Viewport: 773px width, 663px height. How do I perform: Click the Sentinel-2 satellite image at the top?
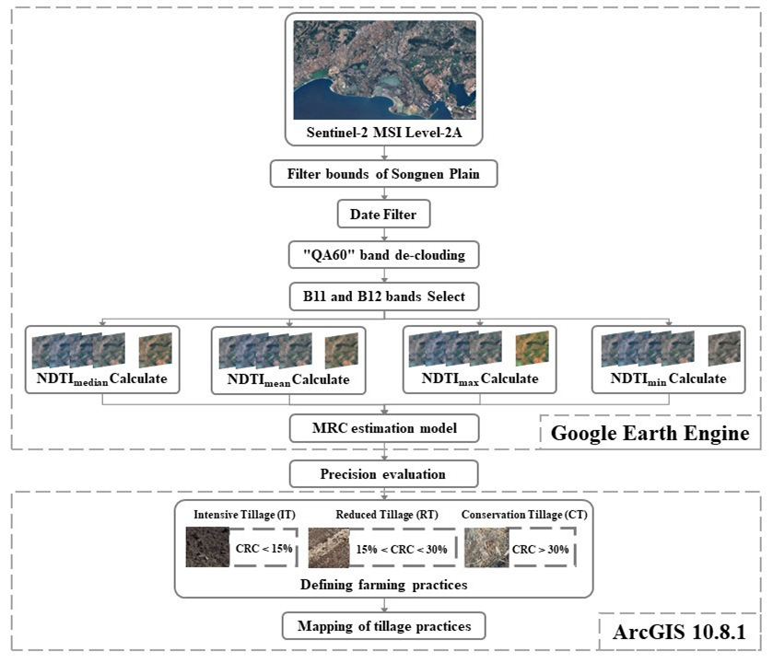[x=384, y=71]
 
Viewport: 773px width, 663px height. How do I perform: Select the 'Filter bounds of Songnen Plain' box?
[x=384, y=173]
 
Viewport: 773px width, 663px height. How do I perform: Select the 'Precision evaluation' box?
[x=384, y=474]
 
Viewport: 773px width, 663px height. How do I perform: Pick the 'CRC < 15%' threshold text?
[x=263, y=550]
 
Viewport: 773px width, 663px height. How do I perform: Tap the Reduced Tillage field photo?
[x=330, y=548]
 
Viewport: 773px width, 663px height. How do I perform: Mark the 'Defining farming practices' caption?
[x=384, y=585]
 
